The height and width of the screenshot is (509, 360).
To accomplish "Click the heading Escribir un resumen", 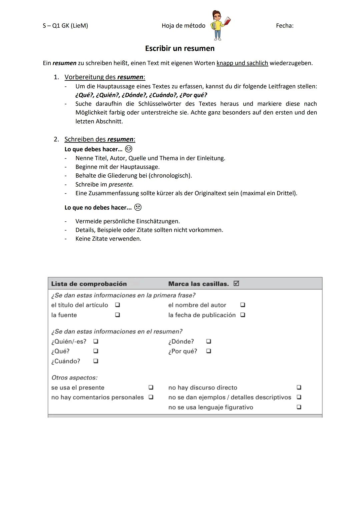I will pyautogui.click(x=180, y=48).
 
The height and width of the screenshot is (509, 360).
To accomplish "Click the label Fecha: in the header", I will pyautogui.click(x=284, y=26).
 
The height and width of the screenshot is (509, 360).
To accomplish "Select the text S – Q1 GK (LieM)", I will pyautogui.click(x=65, y=26).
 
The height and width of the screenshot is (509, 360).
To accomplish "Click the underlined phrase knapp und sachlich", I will pyautogui.click(x=242, y=63).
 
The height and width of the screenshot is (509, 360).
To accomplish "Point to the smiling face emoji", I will pyautogui.click(x=128, y=149).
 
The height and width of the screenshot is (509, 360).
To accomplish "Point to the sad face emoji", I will pyautogui.click(x=138, y=207).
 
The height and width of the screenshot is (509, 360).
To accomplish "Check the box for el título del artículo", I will pyautogui.click(x=117, y=305).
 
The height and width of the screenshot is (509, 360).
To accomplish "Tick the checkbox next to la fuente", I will pyautogui.click(x=117, y=315).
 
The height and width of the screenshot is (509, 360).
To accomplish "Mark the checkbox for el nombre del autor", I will pyautogui.click(x=243, y=305).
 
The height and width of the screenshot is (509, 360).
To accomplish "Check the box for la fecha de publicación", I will pyautogui.click(x=243, y=315).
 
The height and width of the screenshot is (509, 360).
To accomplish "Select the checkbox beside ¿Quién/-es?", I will pyautogui.click(x=96, y=341).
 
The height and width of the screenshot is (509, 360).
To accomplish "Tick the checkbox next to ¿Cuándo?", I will pyautogui.click(x=96, y=361).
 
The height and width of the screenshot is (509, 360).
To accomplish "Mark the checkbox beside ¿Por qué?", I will pyautogui.click(x=208, y=351).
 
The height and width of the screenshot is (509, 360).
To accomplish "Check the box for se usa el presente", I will pyautogui.click(x=151, y=387).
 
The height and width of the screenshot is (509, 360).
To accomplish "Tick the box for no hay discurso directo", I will pyautogui.click(x=299, y=387).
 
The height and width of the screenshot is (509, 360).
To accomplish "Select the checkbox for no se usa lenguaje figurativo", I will pyautogui.click(x=299, y=407).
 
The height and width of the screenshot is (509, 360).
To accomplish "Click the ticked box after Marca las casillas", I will pyautogui.click(x=236, y=284).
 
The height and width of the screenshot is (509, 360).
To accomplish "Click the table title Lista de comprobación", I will pyautogui.click(x=89, y=284).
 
